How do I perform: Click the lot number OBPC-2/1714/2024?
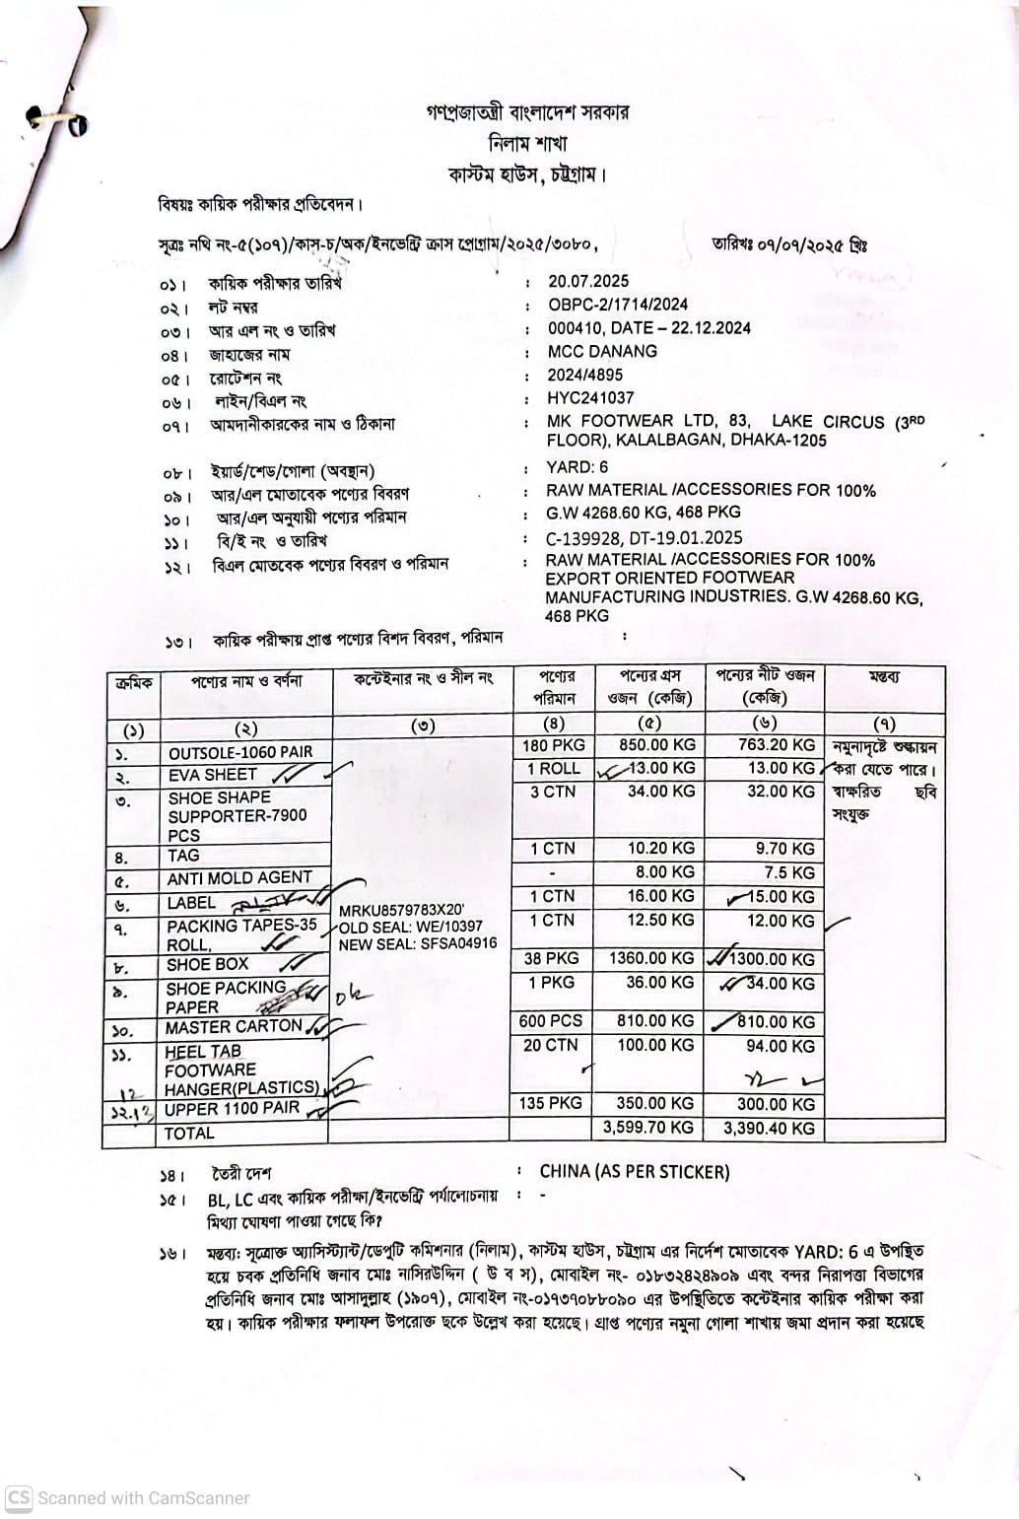click(618, 305)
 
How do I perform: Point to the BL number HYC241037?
click(590, 398)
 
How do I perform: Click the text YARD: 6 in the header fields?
click(577, 467)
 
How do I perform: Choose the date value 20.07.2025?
click(588, 281)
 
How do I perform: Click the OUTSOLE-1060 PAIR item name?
click(240, 752)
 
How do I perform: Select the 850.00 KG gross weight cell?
click(656, 745)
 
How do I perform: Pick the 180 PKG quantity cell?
click(554, 745)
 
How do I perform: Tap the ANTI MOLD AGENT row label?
click(239, 877)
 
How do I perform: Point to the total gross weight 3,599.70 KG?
click(648, 1128)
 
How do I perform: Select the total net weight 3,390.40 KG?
click(769, 1128)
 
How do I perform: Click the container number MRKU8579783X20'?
click(401, 910)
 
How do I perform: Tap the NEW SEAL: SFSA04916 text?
click(418, 943)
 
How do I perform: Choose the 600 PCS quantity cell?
click(551, 1021)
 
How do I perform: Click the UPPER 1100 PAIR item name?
click(233, 1108)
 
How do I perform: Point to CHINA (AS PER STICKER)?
click(635, 1172)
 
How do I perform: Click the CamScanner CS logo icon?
click(19, 1498)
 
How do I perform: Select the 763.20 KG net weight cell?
click(777, 745)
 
